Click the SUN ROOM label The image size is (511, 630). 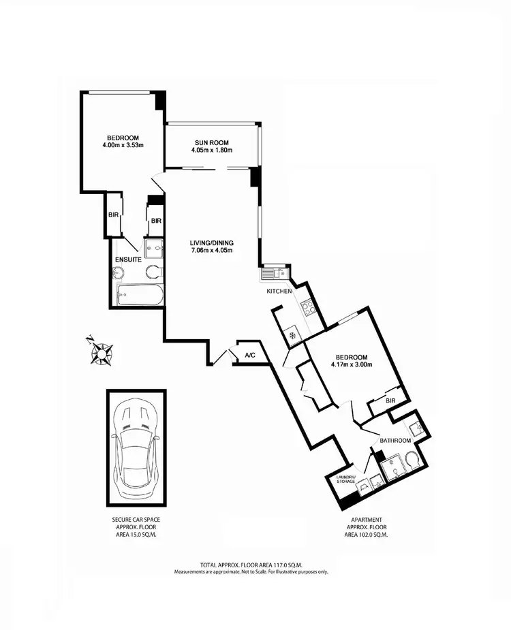(212, 141)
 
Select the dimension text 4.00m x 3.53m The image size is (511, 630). (122, 144)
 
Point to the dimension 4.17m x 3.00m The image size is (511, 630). (352, 364)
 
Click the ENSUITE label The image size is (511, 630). (128, 259)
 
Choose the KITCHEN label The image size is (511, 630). (279, 291)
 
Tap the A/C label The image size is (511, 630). (250, 355)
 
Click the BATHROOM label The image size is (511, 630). (395, 441)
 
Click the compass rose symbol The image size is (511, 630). (101, 351)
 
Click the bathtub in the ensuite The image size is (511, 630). (140, 296)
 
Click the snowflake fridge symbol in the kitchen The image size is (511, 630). (292, 335)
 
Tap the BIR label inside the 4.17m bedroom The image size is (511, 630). (390, 401)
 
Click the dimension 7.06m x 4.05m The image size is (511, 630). (211, 250)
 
